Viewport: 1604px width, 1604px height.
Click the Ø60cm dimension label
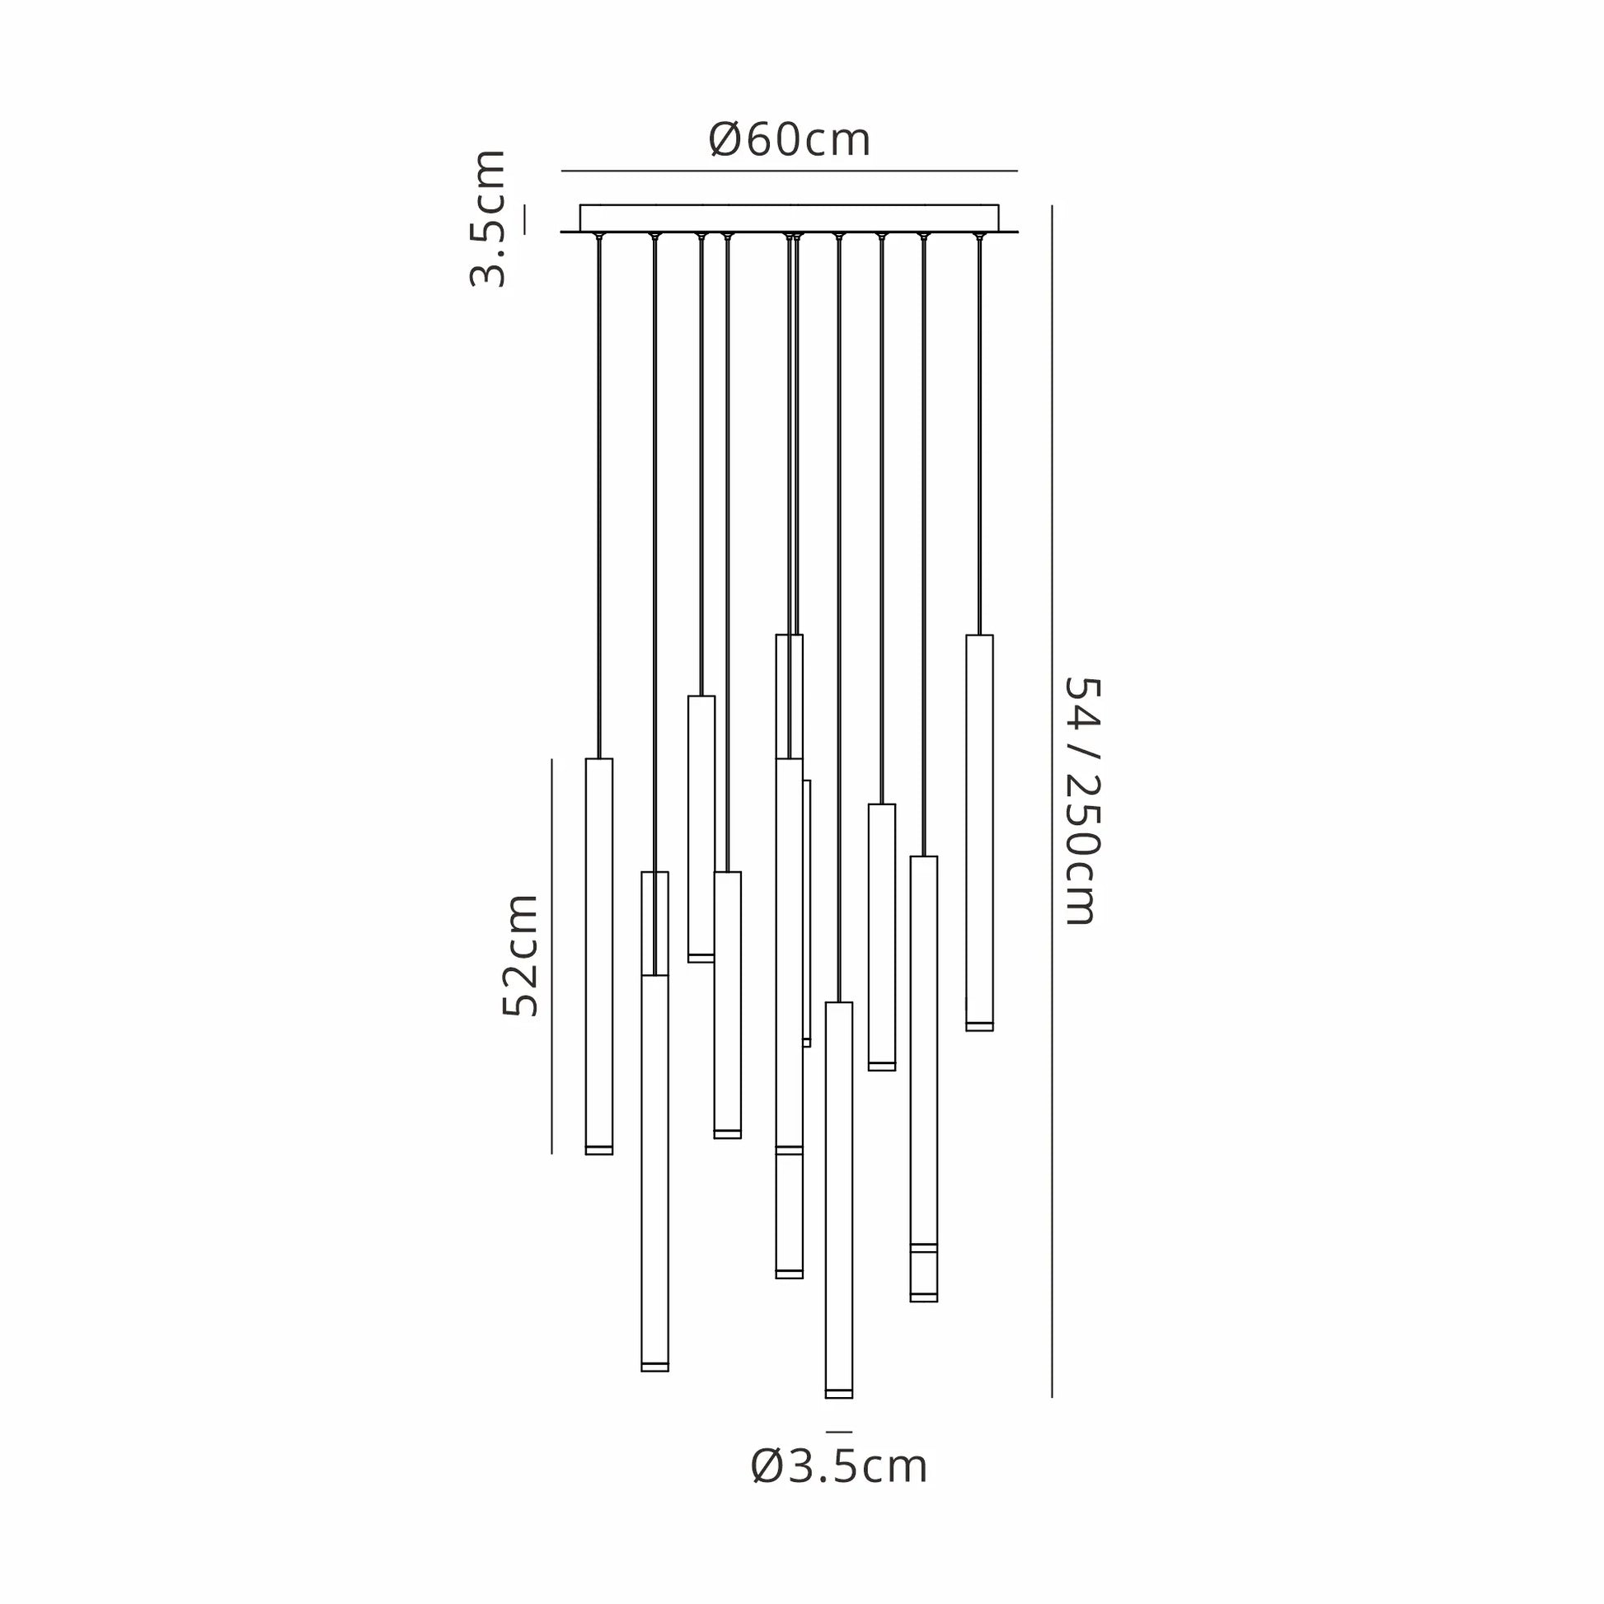pos(790,139)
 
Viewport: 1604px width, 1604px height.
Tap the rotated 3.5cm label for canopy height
pos(487,219)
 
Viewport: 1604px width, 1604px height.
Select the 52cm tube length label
pos(521,954)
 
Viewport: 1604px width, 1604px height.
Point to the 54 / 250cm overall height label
pos(1081,801)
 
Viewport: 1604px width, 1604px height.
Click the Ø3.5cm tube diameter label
pos(838,1467)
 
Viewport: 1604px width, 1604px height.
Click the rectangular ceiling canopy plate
pos(789,218)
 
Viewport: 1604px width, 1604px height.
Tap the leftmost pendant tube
pos(599,956)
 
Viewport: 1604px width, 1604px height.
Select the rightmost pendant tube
pos(980,832)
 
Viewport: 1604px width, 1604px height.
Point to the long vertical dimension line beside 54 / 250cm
pos(1052,801)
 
